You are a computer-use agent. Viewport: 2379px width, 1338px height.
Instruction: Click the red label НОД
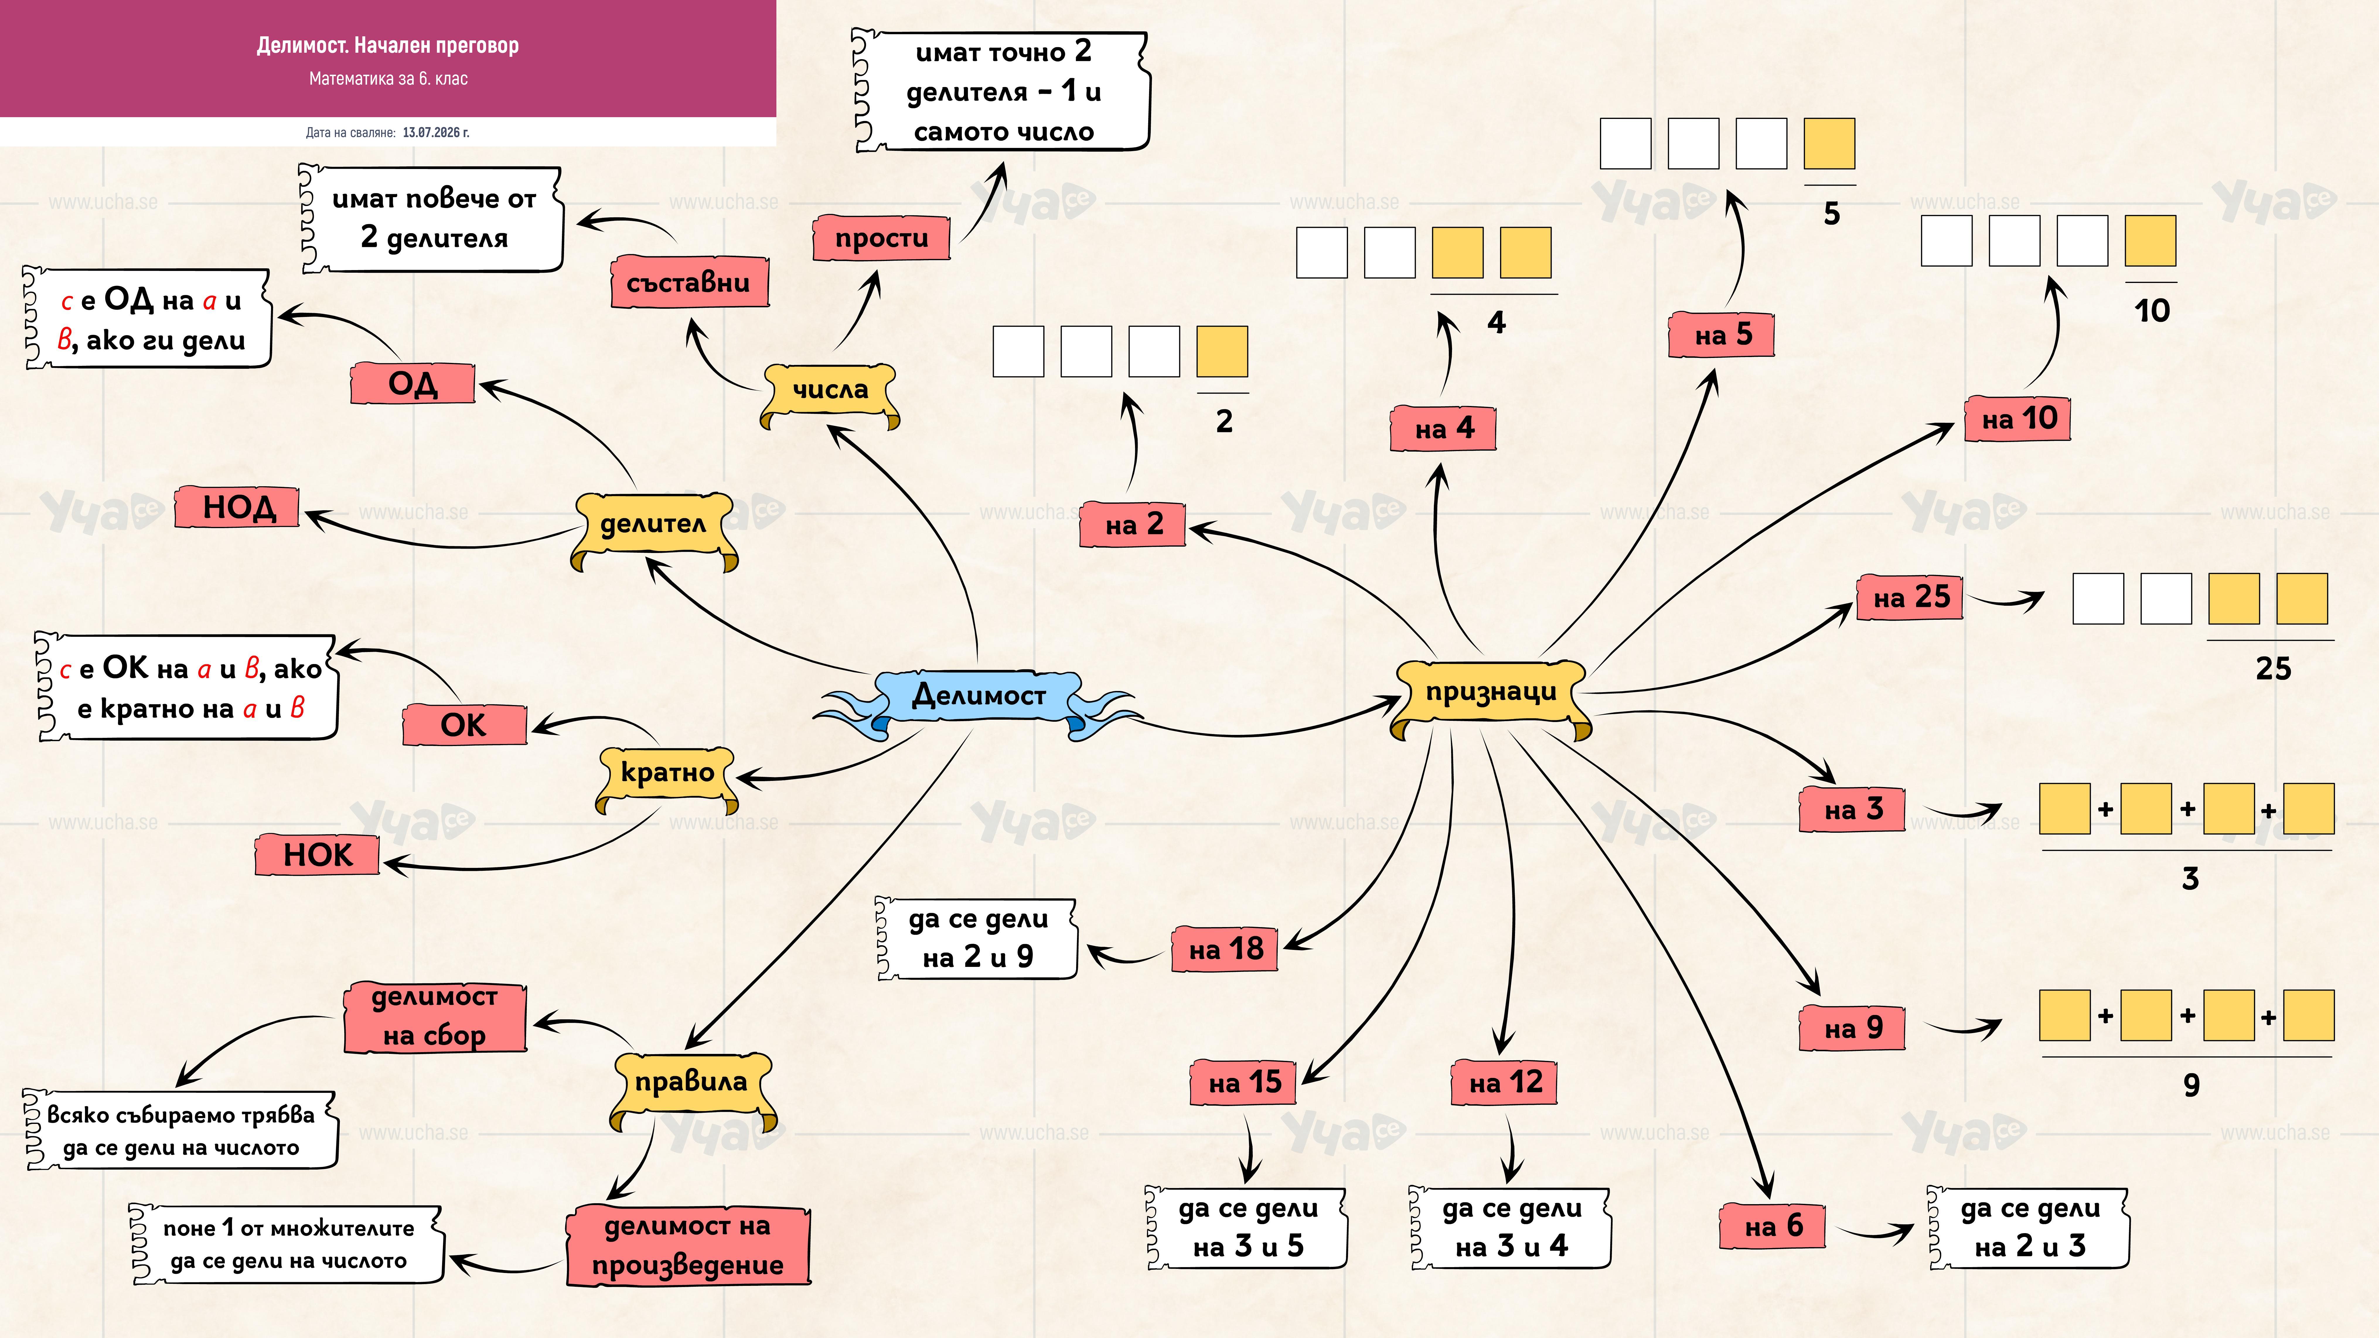[x=237, y=507]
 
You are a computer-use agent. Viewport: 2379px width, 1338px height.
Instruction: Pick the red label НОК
[x=318, y=855]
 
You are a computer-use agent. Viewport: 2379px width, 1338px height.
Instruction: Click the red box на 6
[x=1773, y=1226]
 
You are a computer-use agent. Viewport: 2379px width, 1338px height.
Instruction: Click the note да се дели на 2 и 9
[x=977, y=938]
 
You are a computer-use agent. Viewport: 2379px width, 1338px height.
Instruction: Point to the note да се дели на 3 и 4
[x=1511, y=1228]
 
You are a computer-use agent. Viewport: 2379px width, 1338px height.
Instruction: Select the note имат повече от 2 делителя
[x=432, y=219]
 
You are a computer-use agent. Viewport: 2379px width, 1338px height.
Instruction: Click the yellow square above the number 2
[x=1222, y=352]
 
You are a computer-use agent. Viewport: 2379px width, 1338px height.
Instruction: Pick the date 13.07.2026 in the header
[x=436, y=133]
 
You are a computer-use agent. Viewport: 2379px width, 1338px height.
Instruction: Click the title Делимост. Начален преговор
[x=388, y=45]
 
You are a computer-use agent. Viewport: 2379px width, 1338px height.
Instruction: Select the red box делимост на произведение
[x=688, y=1246]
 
